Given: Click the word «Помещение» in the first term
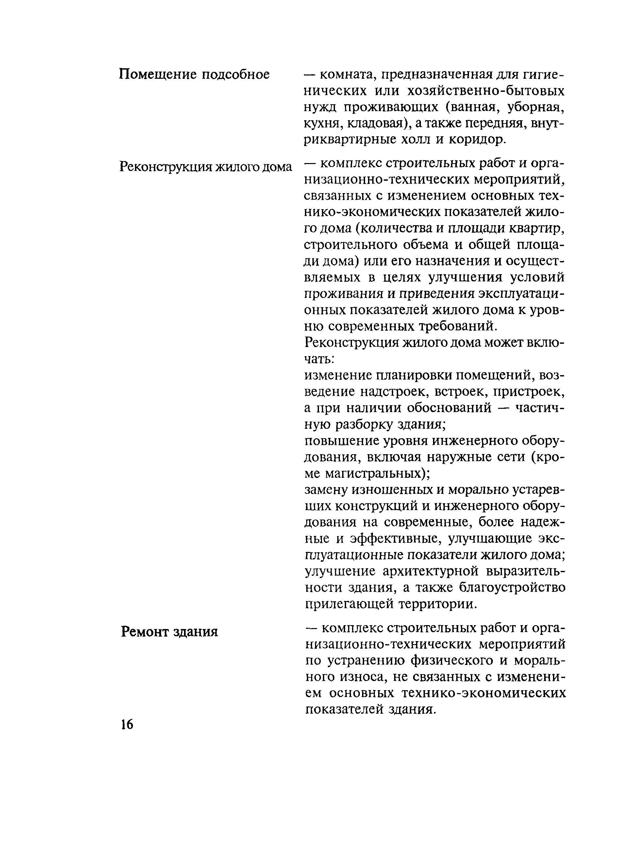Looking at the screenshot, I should (157, 74).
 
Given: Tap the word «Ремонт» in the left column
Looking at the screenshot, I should (144, 631).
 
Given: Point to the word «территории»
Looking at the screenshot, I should (439, 604).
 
